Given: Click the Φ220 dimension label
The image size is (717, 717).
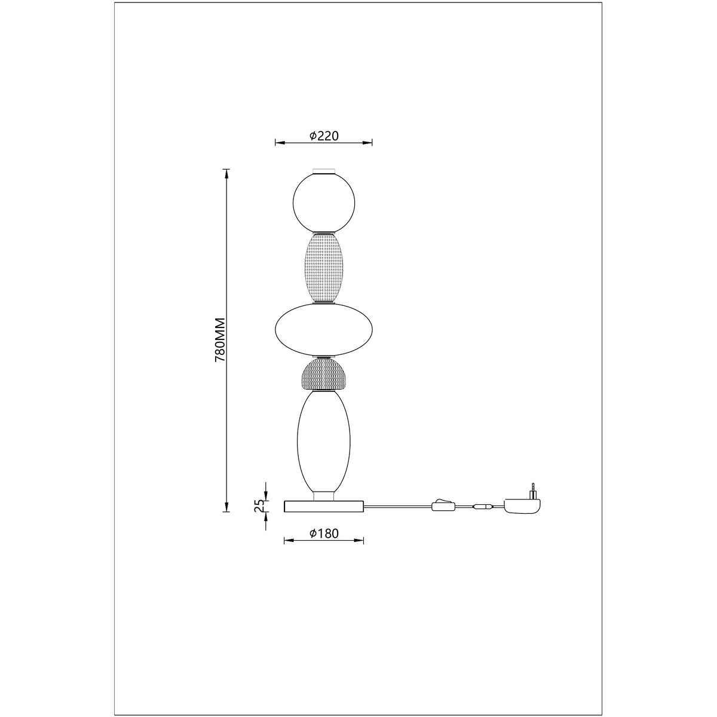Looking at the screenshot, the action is point(324,136).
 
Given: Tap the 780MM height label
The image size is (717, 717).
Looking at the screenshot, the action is point(220,340).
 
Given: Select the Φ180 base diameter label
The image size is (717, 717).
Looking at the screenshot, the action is point(324,534).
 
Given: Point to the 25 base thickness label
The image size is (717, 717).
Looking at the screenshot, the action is point(260,506).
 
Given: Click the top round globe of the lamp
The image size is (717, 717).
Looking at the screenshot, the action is point(324,202).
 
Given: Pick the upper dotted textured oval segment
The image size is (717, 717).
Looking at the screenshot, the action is point(324,267).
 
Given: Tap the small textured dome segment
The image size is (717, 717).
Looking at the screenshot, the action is point(324,373).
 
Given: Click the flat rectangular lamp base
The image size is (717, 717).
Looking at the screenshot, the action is point(324,506).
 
